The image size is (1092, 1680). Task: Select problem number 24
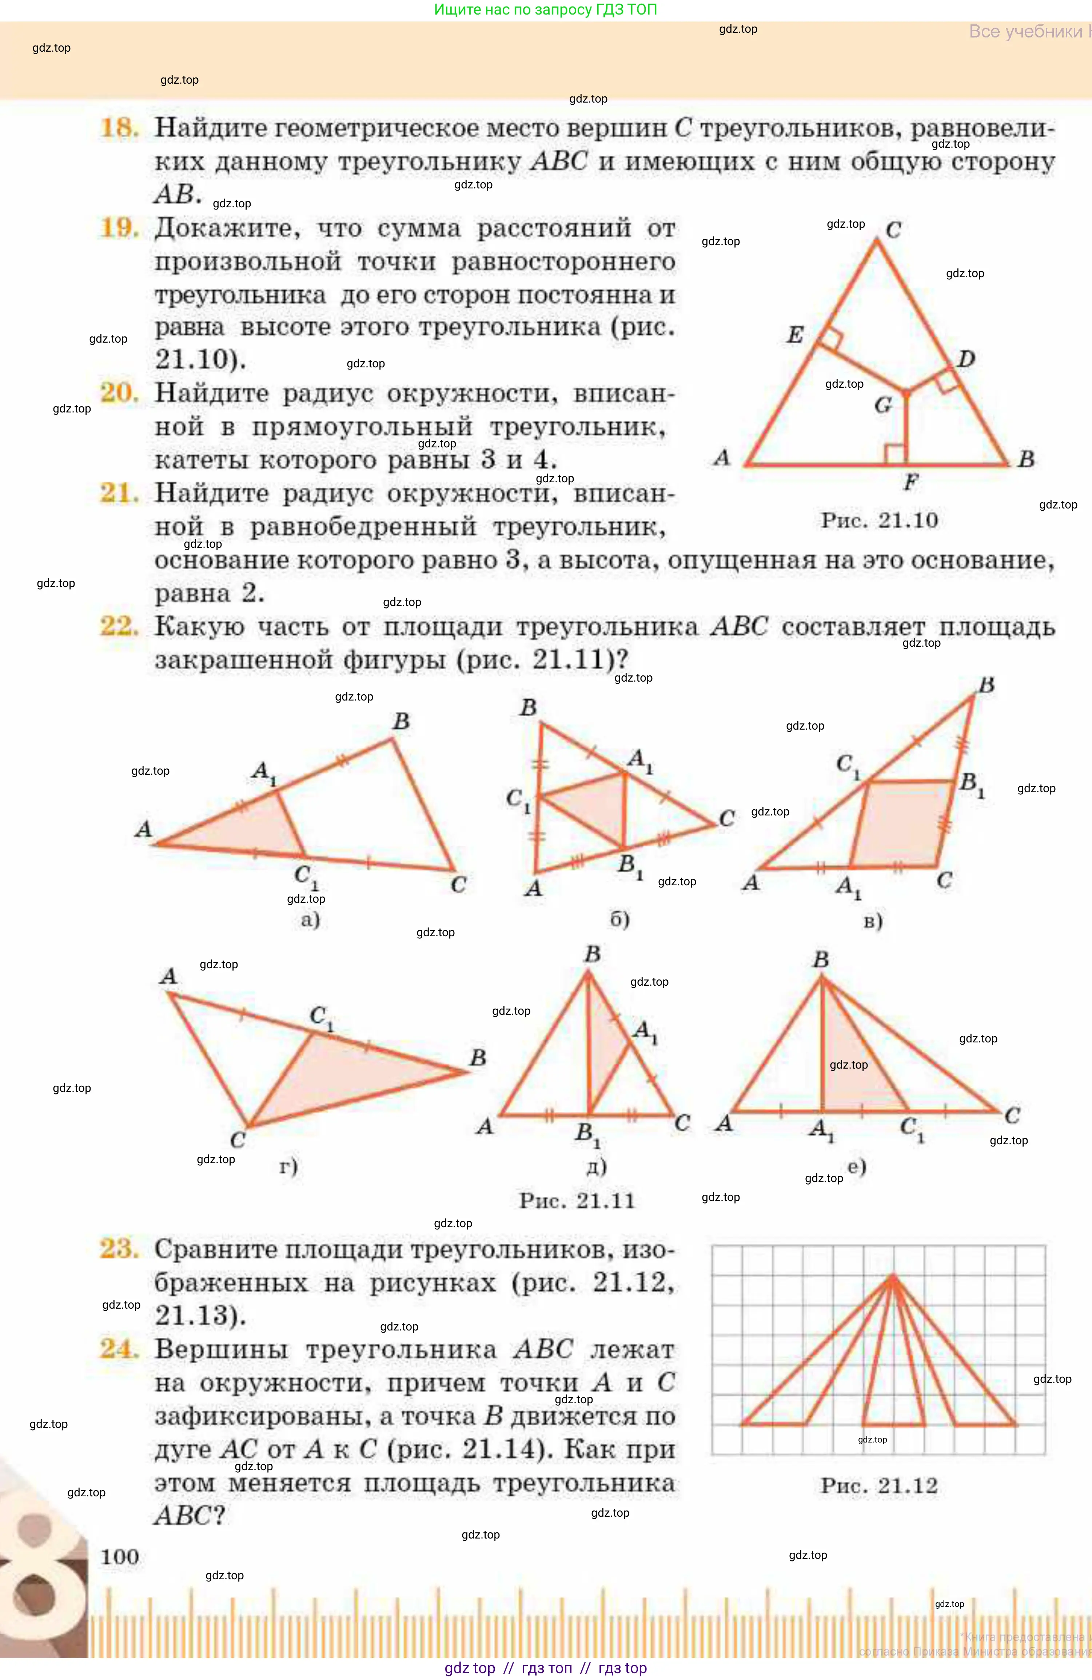click(x=119, y=1349)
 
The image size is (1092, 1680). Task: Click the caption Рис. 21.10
click(x=879, y=521)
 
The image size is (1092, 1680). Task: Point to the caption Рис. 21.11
click(x=577, y=1201)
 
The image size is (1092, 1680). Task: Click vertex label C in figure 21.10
click(x=893, y=230)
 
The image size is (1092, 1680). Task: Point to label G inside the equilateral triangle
click(x=883, y=405)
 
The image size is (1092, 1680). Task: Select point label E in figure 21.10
click(x=795, y=335)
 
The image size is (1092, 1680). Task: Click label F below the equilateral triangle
click(x=910, y=483)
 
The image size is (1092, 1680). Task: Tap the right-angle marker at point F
click(x=895, y=454)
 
